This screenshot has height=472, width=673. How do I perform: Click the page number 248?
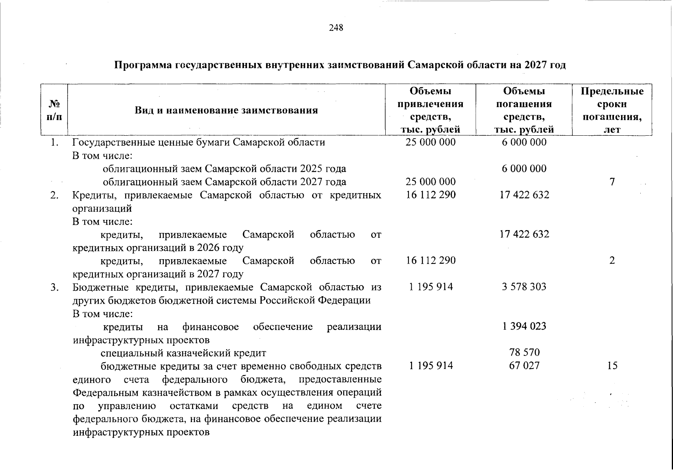pyautogui.click(x=336, y=28)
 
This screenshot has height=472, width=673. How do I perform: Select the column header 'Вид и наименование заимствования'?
pyautogui.click(x=226, y=110)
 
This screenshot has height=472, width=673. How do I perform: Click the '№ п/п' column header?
pyautogui.click(x=54, y=110)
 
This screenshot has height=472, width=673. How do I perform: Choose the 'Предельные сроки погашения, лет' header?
pyautogui.click(x=612, y=110)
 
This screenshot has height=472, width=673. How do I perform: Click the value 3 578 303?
pyautogui.click(x=524, y=287)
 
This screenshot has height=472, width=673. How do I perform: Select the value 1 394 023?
pyautogui.click(x=524, y=326)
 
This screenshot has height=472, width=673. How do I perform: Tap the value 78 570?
pyautogui.click(x=524, y=352)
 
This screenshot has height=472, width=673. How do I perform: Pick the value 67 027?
pyautogui.click(x=524, y=365)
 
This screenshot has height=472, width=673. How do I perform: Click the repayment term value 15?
pyautogui.click(x=612, y=366)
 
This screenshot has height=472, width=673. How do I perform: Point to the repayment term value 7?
pyautogui.click(x=612, y=182)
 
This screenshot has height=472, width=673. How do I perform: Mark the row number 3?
pyautogui.click(x=55, y=287)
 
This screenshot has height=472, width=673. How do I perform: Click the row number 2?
pyautogui.click(x=55, y=195)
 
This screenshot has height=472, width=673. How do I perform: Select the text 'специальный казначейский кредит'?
pyautogui.click(x=183, y=353)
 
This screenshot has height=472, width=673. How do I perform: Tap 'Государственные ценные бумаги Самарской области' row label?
pyautogui.click(x=199, y=142)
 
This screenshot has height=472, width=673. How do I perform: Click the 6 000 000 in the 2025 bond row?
pyautogui.click(x=524, y=169)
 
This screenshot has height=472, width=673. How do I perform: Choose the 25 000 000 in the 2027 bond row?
pyautogui.click(x=431, y=182)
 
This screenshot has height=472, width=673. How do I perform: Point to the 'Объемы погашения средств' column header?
pyautogui.click(x=524, y=110)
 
